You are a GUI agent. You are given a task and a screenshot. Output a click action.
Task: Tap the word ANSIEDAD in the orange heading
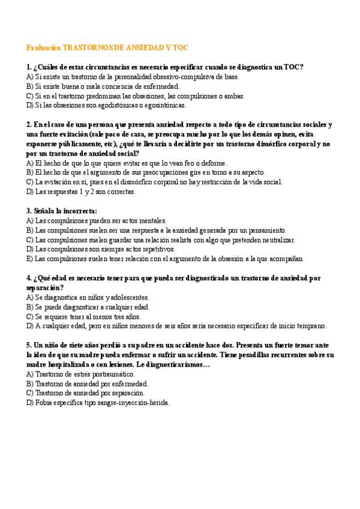147,47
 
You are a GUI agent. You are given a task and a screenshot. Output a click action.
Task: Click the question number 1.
29,67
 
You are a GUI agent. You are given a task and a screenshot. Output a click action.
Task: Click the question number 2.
29,125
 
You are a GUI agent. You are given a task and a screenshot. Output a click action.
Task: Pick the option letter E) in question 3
30,259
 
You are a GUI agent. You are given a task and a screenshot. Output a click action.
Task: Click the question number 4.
29,279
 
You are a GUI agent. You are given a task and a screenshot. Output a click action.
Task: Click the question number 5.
29,346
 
